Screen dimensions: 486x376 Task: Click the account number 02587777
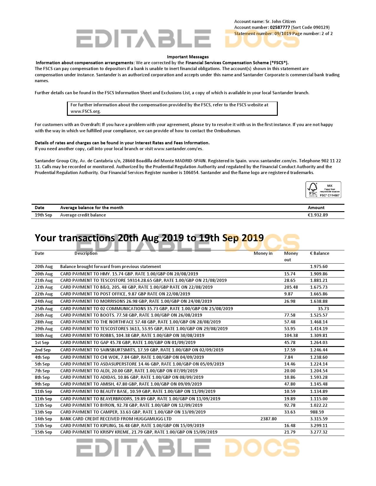pos(280,27)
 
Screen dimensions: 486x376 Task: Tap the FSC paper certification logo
pos(323,190)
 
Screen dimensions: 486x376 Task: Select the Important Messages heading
pos(188,57)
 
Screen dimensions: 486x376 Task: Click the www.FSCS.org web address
pos(85,111)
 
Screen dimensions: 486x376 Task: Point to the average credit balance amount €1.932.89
pos(318,215)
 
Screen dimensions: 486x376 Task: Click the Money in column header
pos(263,253)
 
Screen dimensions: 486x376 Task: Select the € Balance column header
pos(319,253)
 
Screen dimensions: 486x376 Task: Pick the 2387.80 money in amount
pos(268,419)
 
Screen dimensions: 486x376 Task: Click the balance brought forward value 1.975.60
pos(318,267)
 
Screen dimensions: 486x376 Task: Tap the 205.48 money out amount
pos(291,287)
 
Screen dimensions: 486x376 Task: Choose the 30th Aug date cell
pos(44,335)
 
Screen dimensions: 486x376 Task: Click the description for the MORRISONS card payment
pos(136,301)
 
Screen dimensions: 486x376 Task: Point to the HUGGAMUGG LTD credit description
pos(116,419)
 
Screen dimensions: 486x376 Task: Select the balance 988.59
pos(317,412)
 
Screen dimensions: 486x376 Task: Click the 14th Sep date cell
pos(43,419)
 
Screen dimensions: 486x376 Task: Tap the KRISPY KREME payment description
pos(139,432)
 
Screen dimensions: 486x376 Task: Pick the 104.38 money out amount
pos(291,335)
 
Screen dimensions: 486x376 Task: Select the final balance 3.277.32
pos(318,432)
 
